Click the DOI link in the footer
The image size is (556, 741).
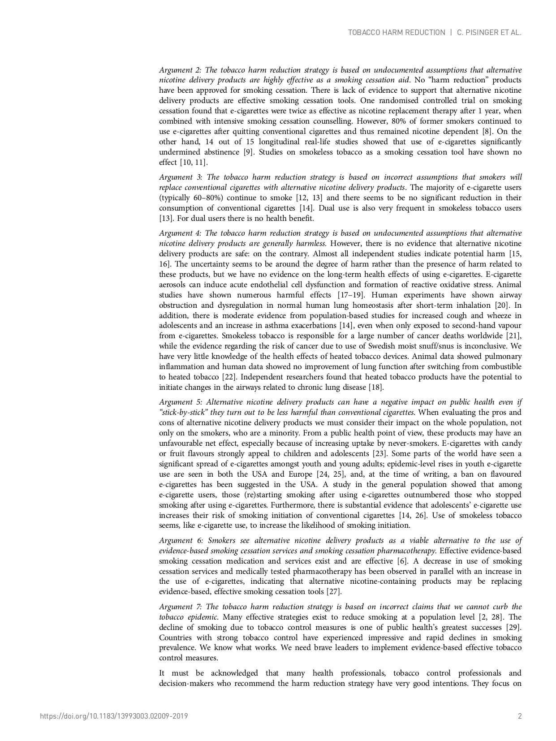114,716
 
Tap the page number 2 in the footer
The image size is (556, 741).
520,716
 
